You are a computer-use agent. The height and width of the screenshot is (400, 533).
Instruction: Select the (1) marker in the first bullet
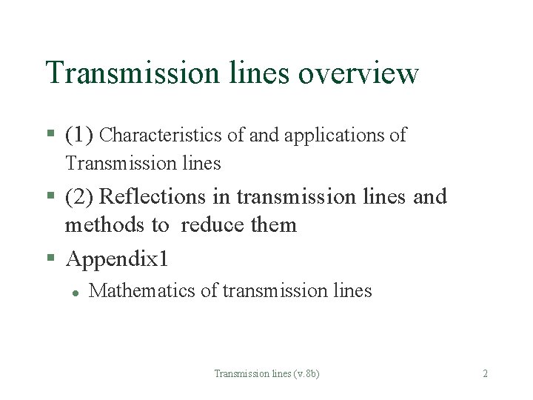(78, 135)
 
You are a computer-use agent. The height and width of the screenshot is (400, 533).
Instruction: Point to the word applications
(338, 136)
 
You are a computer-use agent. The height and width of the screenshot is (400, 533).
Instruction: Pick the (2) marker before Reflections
(78, 197)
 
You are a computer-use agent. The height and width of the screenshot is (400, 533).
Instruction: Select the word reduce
(213, 224)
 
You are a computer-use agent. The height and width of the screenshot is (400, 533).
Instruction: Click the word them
(275, 224)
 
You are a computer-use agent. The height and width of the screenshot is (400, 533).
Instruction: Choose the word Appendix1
(117, 259)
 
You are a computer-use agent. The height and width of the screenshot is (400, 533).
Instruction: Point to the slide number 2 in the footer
(485, 374)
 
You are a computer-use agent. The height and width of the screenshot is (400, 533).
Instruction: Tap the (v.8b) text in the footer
(305, 374)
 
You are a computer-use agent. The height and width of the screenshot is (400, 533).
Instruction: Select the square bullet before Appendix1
(50, 259)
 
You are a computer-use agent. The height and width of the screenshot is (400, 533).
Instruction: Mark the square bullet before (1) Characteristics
(50, 135)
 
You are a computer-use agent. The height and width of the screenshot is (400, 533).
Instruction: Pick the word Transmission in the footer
(237, 374)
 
